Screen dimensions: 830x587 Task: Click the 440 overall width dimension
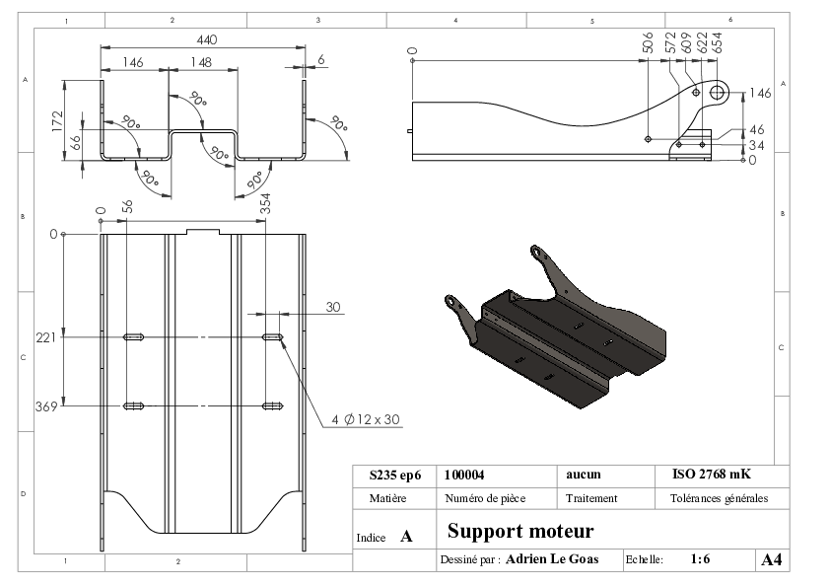[x=207, y=39]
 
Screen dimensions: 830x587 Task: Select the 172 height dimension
[x=58, y=120]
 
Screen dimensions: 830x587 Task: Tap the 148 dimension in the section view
[x=201, y=62]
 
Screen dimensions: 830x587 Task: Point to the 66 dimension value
[x=76, y=142]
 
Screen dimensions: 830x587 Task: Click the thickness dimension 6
[x=321, y=59]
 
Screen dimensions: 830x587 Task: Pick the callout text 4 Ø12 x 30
[x=366, y=419]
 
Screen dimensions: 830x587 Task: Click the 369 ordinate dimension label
[x=46, y=406]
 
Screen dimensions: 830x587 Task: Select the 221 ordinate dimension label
[x=46, y=337]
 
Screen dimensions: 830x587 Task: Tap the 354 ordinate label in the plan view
[x=266, y=203]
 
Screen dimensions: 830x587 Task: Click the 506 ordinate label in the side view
[x=648, y=42]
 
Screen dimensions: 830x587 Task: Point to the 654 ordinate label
[x=718, y=42]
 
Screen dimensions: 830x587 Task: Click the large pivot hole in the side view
[x=717, y=93]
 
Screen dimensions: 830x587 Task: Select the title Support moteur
[x=520, y=531]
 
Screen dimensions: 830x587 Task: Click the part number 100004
[x=464, y=475]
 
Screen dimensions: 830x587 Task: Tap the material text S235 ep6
[x=395, y=476]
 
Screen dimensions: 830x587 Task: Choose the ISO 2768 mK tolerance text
[x=712, y=474]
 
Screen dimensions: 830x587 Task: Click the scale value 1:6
[x=700, y=559]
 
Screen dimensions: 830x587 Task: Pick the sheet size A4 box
[x=772, y=559]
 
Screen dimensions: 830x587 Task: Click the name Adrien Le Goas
[x=552, y=559]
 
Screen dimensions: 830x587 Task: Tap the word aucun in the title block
[x=584, y=475]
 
